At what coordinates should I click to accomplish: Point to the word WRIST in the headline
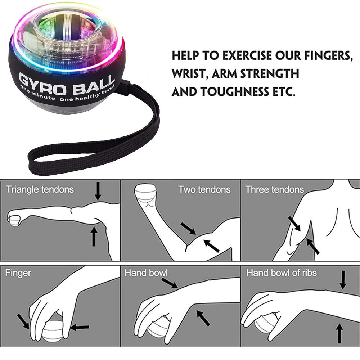pyautogui.click(x=189, y=74)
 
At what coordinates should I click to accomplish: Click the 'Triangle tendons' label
pyautogui.click(x=40, y=189)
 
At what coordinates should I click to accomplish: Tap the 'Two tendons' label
pyautogui.click(x=204, y=189)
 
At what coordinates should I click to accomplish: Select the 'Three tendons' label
pyautogui.click(x=274, y=189)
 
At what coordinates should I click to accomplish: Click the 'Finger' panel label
pyautogui.click(x=18, y=273)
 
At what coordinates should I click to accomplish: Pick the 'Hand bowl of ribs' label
pyautogui.click(x=282, y=273)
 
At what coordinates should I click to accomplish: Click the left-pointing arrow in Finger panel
pyautogui.click(x=80, y=327)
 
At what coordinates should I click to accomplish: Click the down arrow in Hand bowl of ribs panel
pyautogui.click(x=343, y=280)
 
